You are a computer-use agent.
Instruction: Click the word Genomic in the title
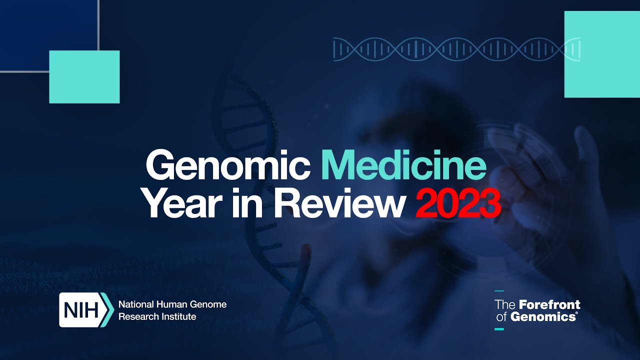point(228,165)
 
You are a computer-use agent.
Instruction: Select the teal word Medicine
point(403,165)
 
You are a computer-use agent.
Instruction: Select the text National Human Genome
point(172,304)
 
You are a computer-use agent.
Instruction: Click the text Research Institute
point(157,316)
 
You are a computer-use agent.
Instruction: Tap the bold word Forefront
point(549,304)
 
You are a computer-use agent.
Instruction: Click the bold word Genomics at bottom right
point(543,317)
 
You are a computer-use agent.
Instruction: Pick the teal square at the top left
point(84,77)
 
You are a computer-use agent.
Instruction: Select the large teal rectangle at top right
point(602,54)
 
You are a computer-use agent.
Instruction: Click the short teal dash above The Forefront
point(499,291)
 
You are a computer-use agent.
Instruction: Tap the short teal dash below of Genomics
point(499,329)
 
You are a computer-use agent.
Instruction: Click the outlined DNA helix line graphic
point(456,49)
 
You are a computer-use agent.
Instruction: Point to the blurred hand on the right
point(557,200)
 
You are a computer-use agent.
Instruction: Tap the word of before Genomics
point(501,317)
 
